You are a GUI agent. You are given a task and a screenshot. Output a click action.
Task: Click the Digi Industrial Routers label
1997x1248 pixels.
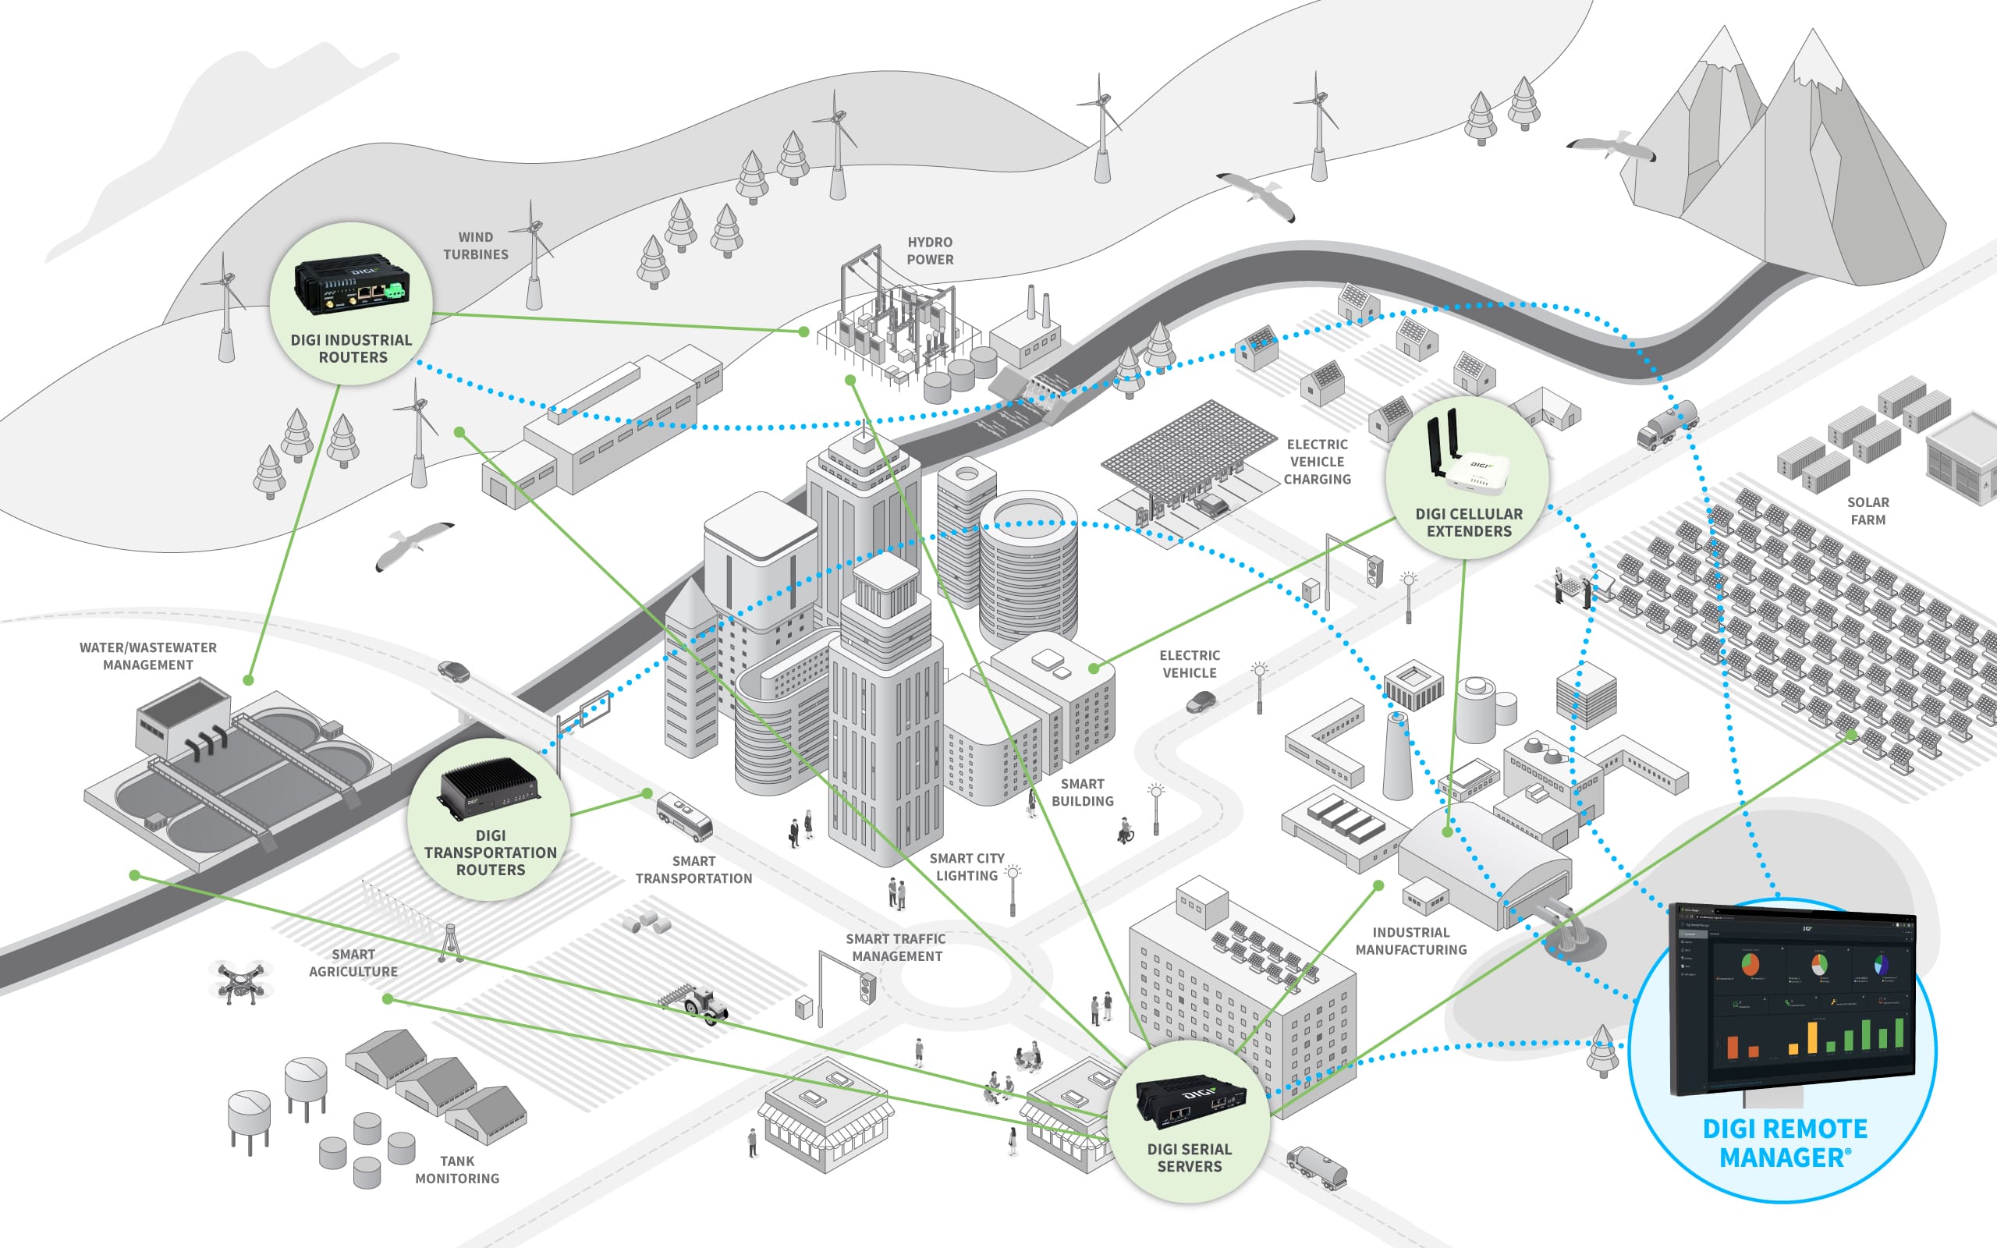click(x=352, y=349)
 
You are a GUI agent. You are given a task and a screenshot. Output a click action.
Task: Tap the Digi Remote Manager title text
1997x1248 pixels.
click(x=1784, y=1143)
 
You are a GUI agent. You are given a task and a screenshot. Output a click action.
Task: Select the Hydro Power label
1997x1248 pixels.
click(x=930, y=251)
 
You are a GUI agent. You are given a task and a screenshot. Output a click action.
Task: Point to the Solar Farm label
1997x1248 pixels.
click(x=1868, y=511)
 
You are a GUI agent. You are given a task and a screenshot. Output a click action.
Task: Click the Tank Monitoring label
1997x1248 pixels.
click(x=457, y=1169)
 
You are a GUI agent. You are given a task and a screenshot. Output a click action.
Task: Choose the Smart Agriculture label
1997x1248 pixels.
click(x=353, y=963)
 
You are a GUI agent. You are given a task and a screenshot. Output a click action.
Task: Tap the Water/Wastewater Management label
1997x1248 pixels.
click(x=147, y=656)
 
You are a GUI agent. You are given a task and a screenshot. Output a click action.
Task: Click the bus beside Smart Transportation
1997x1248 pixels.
click(x=684, y=816)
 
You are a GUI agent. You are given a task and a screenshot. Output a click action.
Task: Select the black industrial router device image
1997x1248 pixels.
click(x=351, y=283)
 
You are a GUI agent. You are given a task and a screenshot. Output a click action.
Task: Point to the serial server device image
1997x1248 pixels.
click(x=1190, y=1102)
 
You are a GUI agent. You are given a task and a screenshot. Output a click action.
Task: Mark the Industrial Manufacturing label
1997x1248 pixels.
click(x=1411, y=941)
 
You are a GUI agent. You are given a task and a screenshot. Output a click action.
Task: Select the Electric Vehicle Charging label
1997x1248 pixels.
click(x=1317, y=463)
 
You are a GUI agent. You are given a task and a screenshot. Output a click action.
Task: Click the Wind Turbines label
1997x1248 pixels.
click(x=475, y=246)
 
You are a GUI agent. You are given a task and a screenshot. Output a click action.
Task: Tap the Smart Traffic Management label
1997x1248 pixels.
click(x=896, y=948)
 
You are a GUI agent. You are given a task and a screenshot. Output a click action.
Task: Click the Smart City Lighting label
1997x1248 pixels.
click(x=967, y=867)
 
